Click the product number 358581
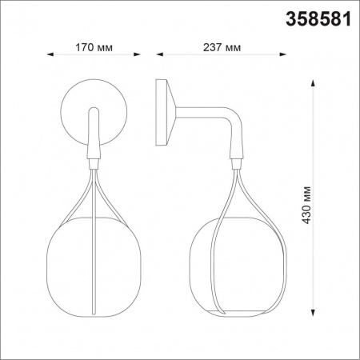coord(317,19)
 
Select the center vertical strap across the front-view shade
coord(94,256)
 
